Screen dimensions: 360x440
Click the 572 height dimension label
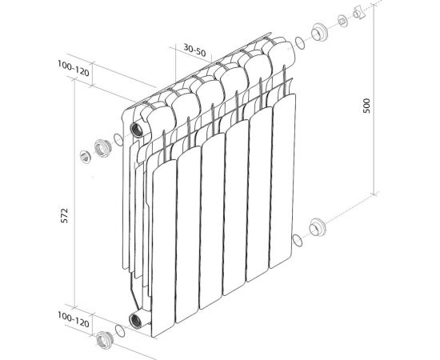tap(65, 218)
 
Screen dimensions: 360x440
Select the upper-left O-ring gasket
tap(118, 142)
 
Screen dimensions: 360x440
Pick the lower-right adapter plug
tap(318, 228)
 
